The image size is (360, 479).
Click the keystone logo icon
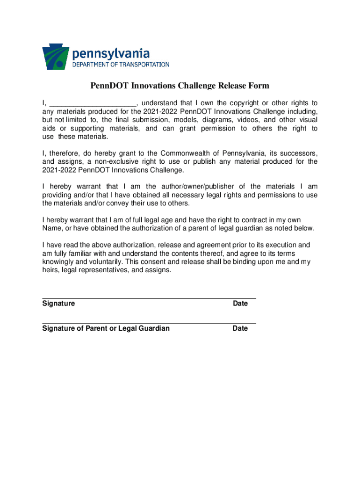(x=55, y=57)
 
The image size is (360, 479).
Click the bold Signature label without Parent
(x=58, y=304)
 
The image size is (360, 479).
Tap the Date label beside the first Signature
(x=240, y=304)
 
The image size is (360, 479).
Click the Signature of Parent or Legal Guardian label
(x=106, y=328)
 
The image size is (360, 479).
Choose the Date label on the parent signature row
(x=240, y=328)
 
